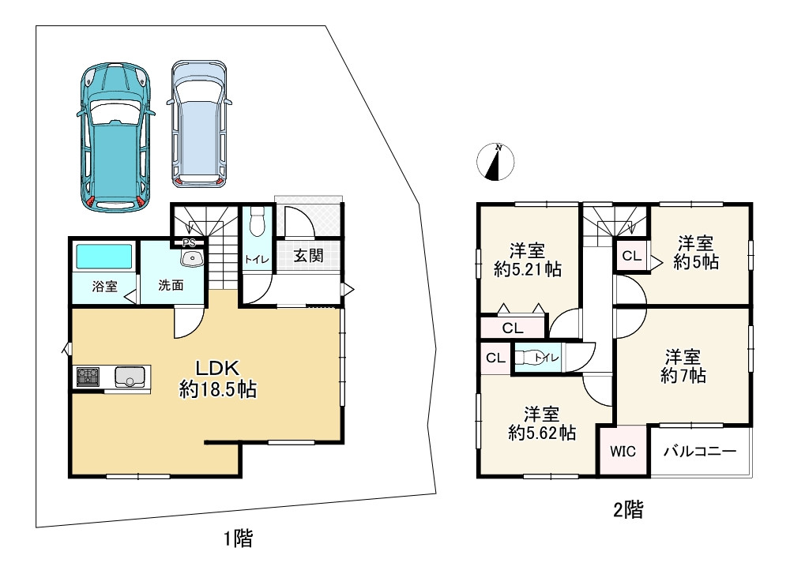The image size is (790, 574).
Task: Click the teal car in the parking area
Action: click(x=115, y=137)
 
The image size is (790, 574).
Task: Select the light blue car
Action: click(x=199, y=124)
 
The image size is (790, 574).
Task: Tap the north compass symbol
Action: click(x=495, y=162)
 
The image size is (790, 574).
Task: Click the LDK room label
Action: click(x=217, y=368)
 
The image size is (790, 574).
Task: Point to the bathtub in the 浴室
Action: click(x=104, y=257)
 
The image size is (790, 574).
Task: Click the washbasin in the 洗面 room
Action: click(x=192, y=258)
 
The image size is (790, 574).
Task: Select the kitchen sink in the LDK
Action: click(x=130, y=376)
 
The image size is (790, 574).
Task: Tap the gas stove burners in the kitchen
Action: click(x=88, y=377)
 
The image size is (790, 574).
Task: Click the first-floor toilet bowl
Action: click(x=257, y=222)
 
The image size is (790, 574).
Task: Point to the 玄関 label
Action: click(x=308, y=256)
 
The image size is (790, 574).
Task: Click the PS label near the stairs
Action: click(x=189, y=243)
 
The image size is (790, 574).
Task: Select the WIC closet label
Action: click(x=623, y=451)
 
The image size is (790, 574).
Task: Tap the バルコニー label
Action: click(x=700, y=451)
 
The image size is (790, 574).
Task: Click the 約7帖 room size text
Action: click(x=683, y=376)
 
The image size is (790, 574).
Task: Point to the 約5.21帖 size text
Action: click(x=528, y=269)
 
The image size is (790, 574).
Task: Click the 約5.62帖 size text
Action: click(x=542, y=433)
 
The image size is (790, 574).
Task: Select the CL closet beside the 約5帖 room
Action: click(x=632, y=256)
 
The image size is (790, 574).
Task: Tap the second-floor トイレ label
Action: click(x=547, y=358)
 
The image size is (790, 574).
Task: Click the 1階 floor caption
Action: click(x=238, y=538)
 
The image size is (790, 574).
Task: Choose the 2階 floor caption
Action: click(x=628, y=510)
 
